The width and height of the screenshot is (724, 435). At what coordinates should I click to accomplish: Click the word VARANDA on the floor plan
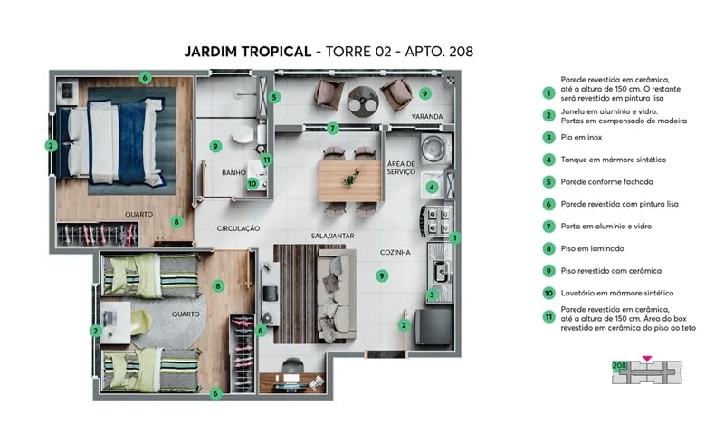427,117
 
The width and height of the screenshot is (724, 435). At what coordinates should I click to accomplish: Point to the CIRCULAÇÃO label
238,227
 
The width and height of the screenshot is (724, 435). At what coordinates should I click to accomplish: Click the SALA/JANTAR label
332,235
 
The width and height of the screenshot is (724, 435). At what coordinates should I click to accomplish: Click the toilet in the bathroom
243,135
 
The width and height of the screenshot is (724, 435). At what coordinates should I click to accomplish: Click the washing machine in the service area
435,148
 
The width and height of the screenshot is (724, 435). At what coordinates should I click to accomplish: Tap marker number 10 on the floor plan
252,183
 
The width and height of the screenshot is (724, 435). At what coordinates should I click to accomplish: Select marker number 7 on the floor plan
333,128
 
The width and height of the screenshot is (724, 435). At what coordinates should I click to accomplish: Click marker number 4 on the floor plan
433,188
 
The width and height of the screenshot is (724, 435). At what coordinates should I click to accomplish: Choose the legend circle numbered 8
548,248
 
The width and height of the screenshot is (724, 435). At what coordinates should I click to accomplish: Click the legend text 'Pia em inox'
582,137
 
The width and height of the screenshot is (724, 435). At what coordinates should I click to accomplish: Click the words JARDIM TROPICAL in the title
258,52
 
